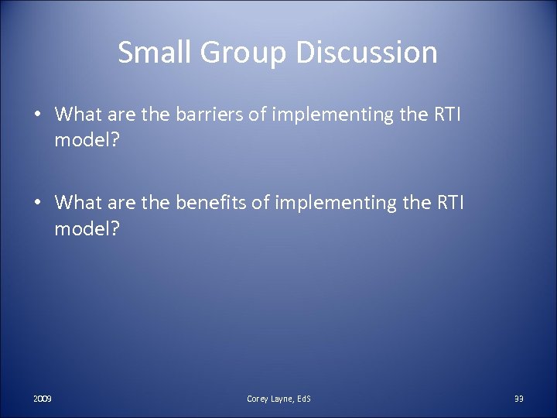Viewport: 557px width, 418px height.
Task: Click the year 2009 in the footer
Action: [43, 398]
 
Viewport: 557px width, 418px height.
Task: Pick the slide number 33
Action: [518, 398]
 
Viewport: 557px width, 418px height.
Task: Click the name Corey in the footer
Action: [258, 398]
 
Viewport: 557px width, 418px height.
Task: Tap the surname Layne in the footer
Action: [282, 398]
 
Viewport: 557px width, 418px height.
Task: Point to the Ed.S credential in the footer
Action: [303, 398]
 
